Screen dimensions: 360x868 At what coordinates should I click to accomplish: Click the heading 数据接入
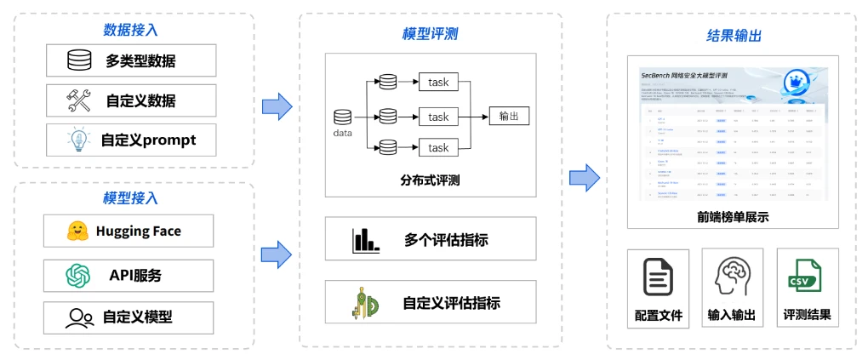pos(130,30)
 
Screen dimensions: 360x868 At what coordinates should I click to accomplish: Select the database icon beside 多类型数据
pos(79,60)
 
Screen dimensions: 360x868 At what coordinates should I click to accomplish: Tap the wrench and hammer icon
pos(79,100)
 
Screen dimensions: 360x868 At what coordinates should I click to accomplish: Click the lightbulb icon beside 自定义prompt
pos(79,140)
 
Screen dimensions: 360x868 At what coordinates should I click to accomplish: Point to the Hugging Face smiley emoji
pos(77,231)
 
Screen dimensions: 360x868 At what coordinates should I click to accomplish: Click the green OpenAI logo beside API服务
pos(77,275)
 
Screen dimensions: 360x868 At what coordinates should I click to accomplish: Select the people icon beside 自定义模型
pos(79,317)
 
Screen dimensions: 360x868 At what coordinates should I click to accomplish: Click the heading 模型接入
pos(130,198)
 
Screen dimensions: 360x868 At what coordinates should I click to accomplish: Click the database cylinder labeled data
pos(342,117)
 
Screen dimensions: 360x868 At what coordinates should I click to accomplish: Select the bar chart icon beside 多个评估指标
pos(365,240)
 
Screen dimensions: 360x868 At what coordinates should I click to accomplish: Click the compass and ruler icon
pos(364,303)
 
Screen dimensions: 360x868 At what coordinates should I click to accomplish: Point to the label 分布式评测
pos(430,180)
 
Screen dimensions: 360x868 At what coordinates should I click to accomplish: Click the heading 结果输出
pos(734,36)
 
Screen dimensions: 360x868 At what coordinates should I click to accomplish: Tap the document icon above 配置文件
pos(659,277)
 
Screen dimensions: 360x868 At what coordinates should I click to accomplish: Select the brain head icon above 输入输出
pos(732,277)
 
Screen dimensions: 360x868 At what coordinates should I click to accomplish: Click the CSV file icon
pos(804,277)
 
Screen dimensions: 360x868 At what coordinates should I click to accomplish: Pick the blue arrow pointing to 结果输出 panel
pos(585,178)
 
